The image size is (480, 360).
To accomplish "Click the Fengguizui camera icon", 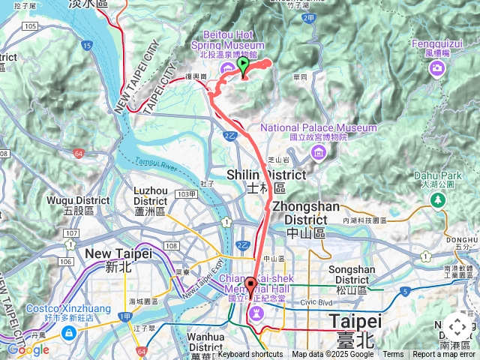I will point(436,69).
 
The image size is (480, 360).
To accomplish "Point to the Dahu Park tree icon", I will point(436,199).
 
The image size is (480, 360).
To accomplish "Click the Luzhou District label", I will point(156,201).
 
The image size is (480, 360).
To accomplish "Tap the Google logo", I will point(28,349).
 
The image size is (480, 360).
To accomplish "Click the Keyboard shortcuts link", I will point(250,355).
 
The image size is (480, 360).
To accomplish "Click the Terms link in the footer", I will point(393,355).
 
